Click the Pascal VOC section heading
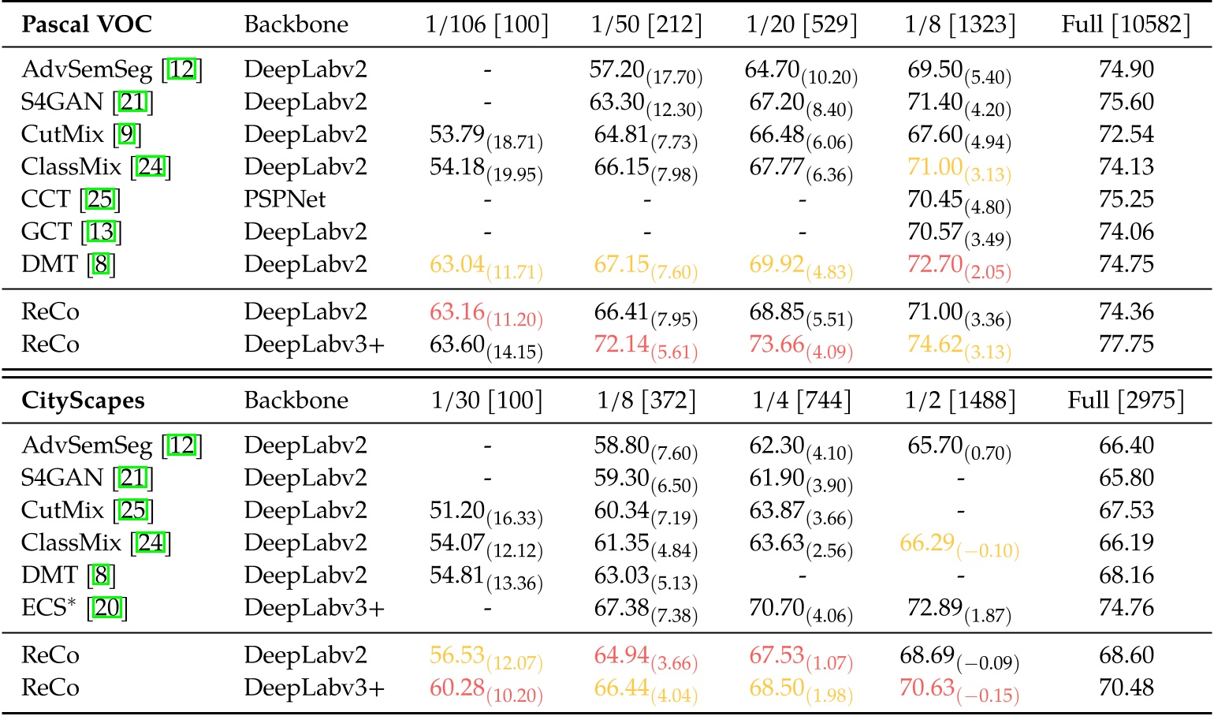pyautogui.click(x=87, y=24)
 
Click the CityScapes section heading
pyautogui.click(x=83, y=401)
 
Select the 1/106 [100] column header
pyautogui.click(x=486, y=24)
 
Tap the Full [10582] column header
pyautogui.click(x=1126, y=24)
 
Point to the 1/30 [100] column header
pyautogui.click(x=486, y=401)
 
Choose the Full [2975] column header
pyautogui.click(x=1126, y=401)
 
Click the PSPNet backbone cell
pyautogui.click(x=285, y=200)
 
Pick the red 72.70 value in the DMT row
pyautogui.click(x=934, y=264)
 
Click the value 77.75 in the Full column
pyautogui.click(x=1126, y=345)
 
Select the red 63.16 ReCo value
pyautogui.click(x=457, y=312)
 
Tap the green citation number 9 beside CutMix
pyautogui.click(x=126, y=135)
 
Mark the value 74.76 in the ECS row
pyautogui.click(x=1126, y=608)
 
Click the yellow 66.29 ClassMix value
pyautogui.click(x=927, y=543)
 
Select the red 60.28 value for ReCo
pyautogui.click(x=457, y=688)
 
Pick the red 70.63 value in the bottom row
pyautogui.click(x=927, y=688)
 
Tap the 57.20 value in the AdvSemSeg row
pyautogui.click(x=617, y=69)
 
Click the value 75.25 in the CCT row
pyautogui.click(x=1126, y=200)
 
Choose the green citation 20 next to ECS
pyautogui.click(x=107, y=608)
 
